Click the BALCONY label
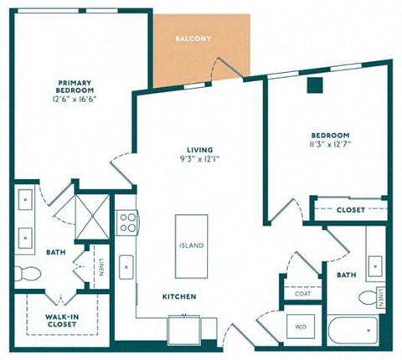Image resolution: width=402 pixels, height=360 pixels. [193, 39]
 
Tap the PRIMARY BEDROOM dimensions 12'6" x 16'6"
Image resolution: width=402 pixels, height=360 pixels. [75, 99]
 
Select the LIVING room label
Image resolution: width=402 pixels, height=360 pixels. [200, 150]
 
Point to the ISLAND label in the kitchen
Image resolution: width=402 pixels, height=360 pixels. [191, 245]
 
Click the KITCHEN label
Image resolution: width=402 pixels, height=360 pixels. [179, 296]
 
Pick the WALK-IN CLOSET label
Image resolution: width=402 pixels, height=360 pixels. [62, 321]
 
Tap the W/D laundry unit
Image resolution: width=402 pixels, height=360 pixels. [301, 327]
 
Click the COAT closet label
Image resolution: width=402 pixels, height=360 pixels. [303, 294]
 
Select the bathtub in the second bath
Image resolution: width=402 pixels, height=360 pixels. [353, 331]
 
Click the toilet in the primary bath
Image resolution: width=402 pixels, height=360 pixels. [28, 274]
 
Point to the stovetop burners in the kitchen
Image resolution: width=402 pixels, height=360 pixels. [127, 223]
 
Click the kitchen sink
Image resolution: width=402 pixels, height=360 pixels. [126, 267]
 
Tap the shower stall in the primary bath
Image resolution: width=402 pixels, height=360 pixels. [92, 217]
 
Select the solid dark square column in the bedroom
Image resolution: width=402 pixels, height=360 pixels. [315, 85]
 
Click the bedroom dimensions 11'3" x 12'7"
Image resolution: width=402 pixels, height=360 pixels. [331, 145]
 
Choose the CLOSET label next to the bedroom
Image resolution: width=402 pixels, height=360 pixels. [351, 210]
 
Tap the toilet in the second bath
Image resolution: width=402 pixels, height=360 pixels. [368, 298]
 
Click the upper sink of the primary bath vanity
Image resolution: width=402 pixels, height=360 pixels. [25, 200]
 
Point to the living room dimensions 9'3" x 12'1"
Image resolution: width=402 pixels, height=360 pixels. [200, 159]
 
